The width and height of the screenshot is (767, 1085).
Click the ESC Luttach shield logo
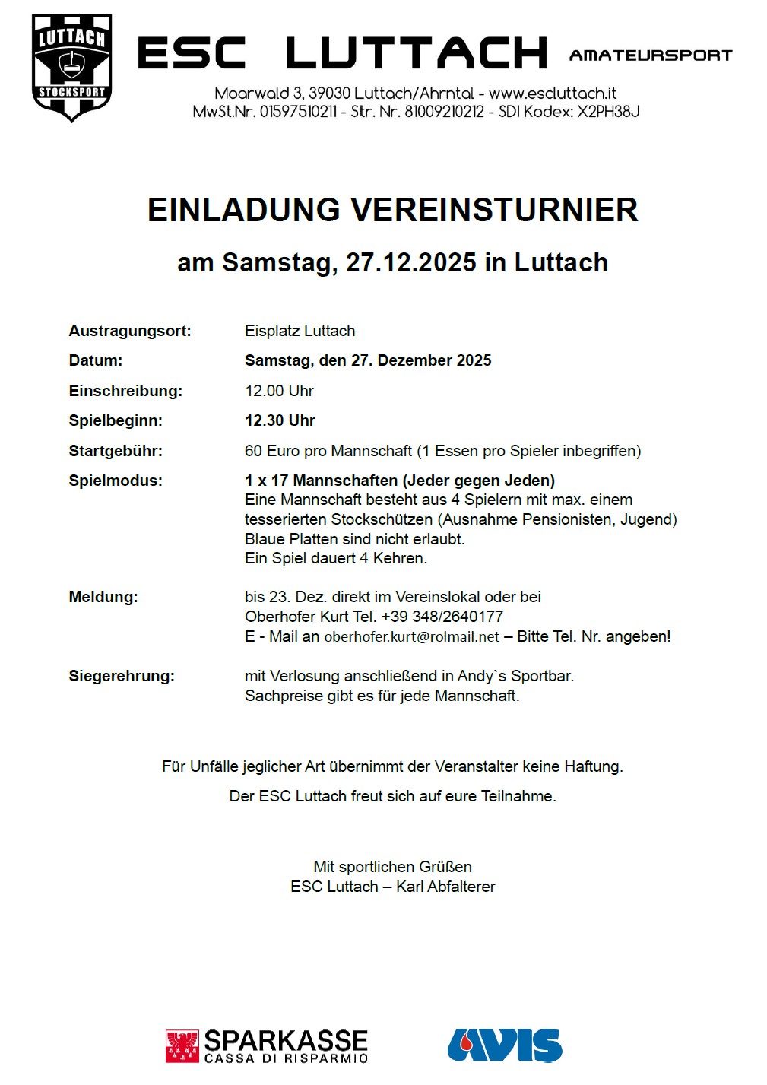click(72, 67)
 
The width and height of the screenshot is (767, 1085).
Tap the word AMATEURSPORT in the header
click(651, 56)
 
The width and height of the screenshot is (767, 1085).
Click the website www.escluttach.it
click(553, 94)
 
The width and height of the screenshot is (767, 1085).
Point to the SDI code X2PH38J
click(608, 112)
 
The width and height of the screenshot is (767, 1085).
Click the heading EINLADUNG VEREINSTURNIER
click(392, 210)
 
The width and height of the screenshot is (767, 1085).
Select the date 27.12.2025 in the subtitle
click(411, 262)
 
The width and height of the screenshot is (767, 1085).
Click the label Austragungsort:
click(130, 331)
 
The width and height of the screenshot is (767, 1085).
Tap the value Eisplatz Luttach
click(300, 331)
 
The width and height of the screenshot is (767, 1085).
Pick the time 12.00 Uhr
click(279, 391)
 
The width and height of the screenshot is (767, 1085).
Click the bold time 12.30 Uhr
click(280, 420)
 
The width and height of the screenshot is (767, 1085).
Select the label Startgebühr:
click(116, 451)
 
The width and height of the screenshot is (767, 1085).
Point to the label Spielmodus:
click(116, 481)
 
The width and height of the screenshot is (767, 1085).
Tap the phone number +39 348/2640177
click(442, 617)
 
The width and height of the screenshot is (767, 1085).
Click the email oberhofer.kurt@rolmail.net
click(412, 637)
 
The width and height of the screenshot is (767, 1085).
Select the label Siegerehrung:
click(122, 676)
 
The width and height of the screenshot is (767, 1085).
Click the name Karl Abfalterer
click(445, 887)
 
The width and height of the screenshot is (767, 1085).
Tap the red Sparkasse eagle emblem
click(182, 1046)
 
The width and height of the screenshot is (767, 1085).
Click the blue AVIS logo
click(505, 1045)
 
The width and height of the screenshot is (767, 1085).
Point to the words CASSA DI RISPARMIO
click(286, 1058)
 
